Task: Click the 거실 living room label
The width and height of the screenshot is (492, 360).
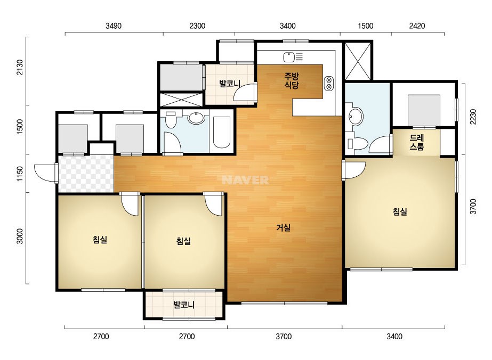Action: click(284, 228)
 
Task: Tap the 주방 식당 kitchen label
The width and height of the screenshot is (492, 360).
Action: click(292, 80)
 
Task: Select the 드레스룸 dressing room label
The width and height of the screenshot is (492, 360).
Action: click(417, 142)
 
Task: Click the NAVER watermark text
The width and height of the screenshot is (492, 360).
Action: click(245, 180)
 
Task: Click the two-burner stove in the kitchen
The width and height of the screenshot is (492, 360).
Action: click(329, 83)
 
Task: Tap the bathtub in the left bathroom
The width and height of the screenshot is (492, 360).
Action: click(222, 132)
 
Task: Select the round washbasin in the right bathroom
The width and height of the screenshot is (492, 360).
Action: click(356, 117)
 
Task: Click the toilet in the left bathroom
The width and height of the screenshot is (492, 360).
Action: click(171, 119)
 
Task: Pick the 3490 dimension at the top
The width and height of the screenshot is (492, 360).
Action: click(114, 26)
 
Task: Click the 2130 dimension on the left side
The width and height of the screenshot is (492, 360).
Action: click(20, 67)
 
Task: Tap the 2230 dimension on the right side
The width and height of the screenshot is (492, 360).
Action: click(473, 117)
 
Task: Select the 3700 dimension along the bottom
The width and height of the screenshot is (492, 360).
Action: click(284, 337)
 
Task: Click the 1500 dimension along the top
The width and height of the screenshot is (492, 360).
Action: click(366, 26)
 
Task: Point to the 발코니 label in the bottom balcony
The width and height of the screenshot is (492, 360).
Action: click(184, 305)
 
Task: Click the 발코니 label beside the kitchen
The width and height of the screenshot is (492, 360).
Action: click(230, 84)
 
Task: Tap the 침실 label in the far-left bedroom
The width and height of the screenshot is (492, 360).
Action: click(100, 240)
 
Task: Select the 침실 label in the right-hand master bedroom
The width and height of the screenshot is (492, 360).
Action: click(400, 211)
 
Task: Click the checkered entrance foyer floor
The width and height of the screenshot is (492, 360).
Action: click(86, 174)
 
